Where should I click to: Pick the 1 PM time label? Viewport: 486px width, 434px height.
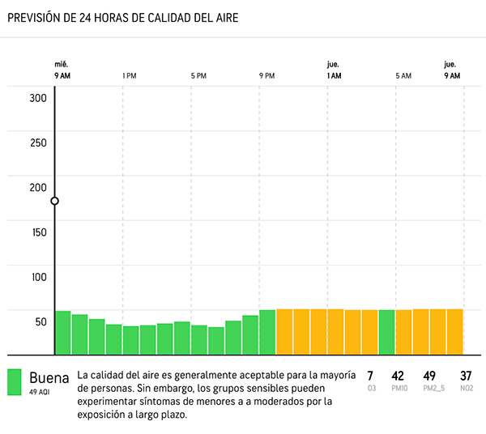coord(129,76)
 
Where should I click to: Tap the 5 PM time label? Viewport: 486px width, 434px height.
coord(198,76)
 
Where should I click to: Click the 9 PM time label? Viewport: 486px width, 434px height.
coord(267,76)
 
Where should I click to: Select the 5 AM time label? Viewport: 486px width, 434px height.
coord(403,76)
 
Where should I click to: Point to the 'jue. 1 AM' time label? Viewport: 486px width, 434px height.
coord(333,70)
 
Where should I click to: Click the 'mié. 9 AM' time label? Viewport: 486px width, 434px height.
coord(62,70)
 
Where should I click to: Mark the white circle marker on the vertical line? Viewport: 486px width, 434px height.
coord(54,201)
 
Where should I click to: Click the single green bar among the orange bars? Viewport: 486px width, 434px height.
coord(386,332)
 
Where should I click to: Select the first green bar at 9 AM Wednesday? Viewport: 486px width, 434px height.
coord(62,332)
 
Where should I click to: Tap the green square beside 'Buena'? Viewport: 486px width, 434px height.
coord(15,382)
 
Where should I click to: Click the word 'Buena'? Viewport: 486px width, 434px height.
coord(49,377)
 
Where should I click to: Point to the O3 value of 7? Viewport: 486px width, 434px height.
coord(370,376)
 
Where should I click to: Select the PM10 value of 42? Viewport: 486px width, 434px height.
coord(397,376)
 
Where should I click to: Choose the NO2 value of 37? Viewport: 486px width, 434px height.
coord(465,376)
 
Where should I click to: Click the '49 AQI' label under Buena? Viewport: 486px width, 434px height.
coord(40,392)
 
